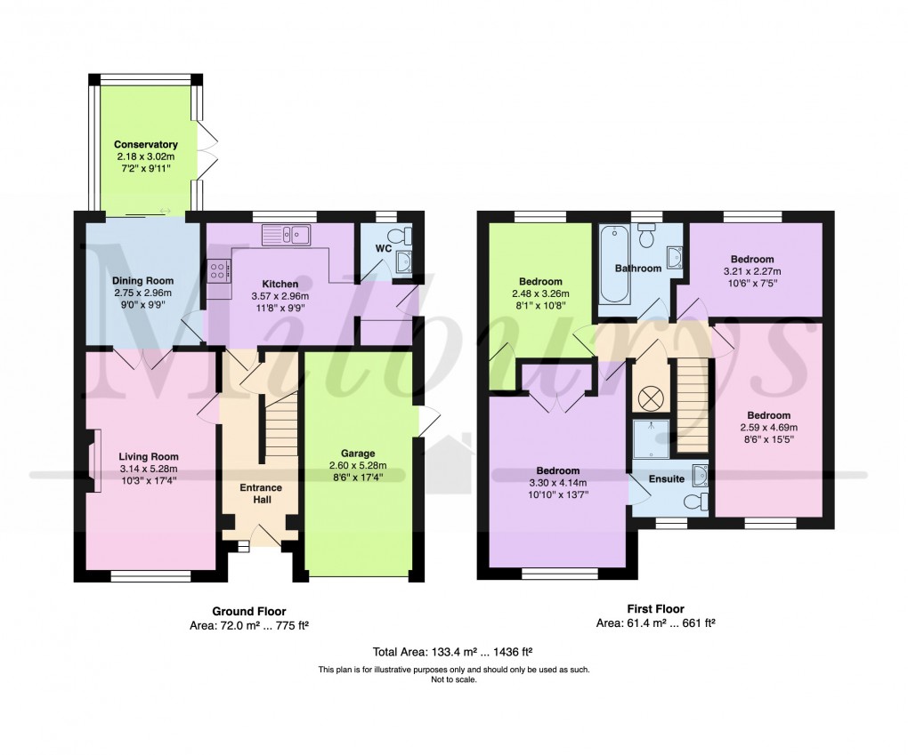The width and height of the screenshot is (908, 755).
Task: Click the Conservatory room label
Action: (x=145, y=144)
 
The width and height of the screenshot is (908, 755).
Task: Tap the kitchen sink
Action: (x=286, y=235)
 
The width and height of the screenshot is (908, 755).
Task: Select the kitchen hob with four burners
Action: (x=218, y=271)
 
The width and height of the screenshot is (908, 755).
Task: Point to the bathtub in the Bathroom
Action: (x=613, y=264)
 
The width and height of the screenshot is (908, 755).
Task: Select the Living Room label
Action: (x=149, y=457)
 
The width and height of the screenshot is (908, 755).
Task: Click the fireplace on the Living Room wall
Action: (x=93, y=459)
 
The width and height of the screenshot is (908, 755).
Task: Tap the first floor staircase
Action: (x=692, y=405)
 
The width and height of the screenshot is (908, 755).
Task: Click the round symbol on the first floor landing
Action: (x=648, y=394)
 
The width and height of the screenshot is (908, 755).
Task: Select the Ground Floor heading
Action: (x=248, y=611)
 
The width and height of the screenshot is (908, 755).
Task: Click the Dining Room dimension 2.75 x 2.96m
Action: (x=142, y=293)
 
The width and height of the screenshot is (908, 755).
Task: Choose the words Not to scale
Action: (x=453, y=679)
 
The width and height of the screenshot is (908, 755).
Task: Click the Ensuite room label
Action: (x=666, y=478)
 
